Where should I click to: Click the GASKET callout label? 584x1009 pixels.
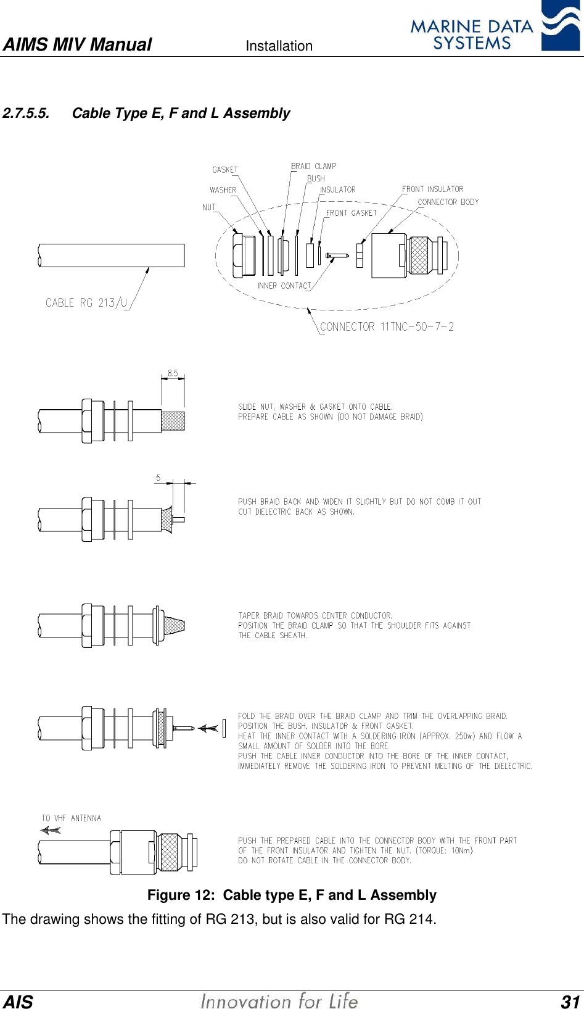(x=224, y=170)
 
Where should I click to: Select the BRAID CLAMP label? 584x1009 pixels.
(x=313, y=166)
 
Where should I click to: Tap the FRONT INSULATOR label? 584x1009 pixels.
(x=432, y=189)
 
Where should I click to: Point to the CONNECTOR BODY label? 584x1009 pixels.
(x=448, y=202)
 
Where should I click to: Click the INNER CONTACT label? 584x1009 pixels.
(x=284, y=286)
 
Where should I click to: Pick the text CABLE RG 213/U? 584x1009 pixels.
(x=86, y=302)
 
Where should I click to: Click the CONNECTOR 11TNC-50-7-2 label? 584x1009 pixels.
(x=387, y=326)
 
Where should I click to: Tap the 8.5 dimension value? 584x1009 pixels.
(x=173, y=373)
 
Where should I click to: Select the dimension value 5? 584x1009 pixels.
(x=158, y=478)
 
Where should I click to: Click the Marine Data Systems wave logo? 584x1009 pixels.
(x=560, y=26)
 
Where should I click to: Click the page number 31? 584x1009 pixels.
(x=570, y=1001)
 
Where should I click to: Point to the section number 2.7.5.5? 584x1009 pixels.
(x=26, y=114)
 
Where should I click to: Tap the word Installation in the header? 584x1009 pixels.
(x=279, y=46)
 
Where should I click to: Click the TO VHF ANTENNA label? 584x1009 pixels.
(x=71, y=818)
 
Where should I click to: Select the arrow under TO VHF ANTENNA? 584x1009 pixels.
(x=51, y=830)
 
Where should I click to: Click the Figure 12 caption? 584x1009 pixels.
(x=292, y=895)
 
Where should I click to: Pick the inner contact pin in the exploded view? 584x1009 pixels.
(x=337, y=255)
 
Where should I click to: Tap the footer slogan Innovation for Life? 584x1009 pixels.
(x=279, y=1001)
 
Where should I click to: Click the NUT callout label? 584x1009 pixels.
(x=209, y=207)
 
